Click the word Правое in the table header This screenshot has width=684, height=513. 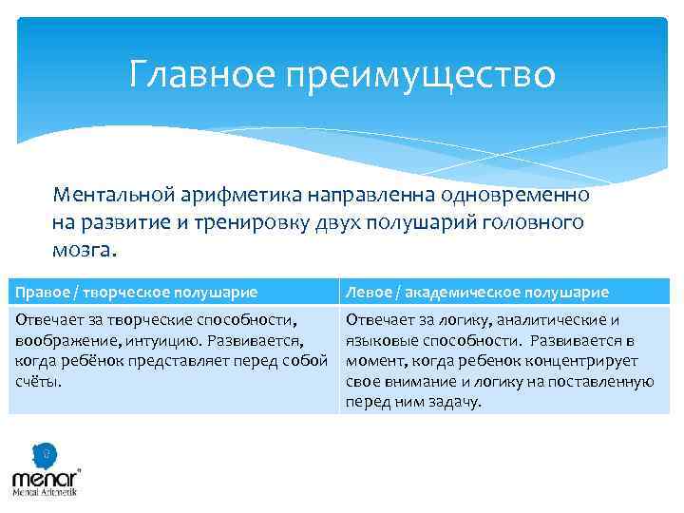coord(38,292)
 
